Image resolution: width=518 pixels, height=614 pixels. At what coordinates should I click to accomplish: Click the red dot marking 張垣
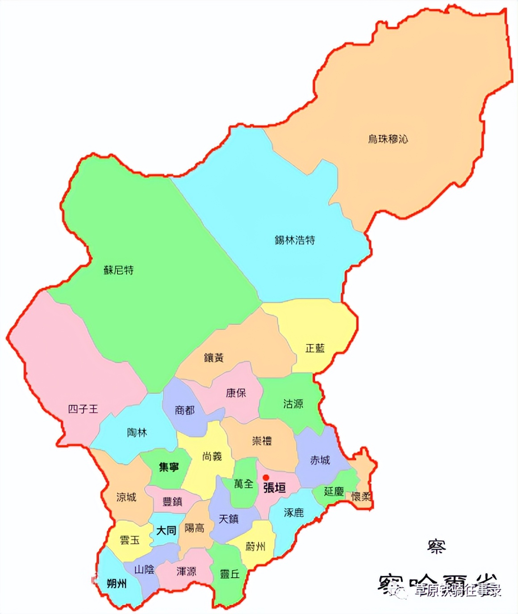pyautogui.click(x=266, y=478)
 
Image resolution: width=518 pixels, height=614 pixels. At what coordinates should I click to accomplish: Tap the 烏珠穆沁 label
pyautogui.click(x=388, y=139)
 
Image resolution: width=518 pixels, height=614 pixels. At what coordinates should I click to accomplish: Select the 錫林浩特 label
pyautogui.click(x=295, y=240)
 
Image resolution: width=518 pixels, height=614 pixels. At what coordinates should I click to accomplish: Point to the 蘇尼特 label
pyautogui.click(x=118, y=270)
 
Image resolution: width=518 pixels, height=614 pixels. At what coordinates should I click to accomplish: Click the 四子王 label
pyautogui.click(x=83, y=409)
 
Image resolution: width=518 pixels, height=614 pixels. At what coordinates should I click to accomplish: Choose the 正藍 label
pyautogui.click(x=315, y=348)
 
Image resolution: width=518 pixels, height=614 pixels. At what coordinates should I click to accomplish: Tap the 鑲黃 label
pyautogui.click(x=213, y=357)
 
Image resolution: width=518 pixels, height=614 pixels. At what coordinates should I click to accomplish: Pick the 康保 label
pyautogui.click(x=236, y=393)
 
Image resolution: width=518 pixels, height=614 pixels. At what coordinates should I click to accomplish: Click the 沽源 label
pyautogui.click(x=293, y=404)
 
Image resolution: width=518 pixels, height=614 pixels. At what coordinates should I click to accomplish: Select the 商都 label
pyautogui.click(x=184, y=410)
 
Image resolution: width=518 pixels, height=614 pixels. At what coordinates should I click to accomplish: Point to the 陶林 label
pyautogui.click(x=137, y=433)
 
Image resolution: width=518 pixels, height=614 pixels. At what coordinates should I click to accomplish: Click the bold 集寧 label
pyautogui.click(x=169, y=467)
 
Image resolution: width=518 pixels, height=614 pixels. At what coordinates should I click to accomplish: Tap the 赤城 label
pyautogui.click(x=320, y=460)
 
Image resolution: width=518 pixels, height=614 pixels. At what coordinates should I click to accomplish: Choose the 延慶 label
pyautogui.click(x=334, y=492)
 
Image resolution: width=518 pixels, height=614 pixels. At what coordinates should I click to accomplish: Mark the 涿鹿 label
pyautogui.click(x=293, y=513)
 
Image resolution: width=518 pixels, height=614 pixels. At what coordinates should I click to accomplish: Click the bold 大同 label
pyautogui.click(x=166, y=530)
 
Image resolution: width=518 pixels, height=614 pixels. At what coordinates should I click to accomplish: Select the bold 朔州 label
pyautogui.click(x=117, y=583)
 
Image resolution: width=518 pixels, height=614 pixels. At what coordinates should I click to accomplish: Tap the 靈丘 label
pyautogui.click(x=230, y=574)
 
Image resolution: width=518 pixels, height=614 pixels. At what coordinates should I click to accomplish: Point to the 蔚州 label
pyautogui.click(x=255, y=546)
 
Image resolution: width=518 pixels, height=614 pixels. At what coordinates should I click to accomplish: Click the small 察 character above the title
pyautogui.click(x=436, y=546)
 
